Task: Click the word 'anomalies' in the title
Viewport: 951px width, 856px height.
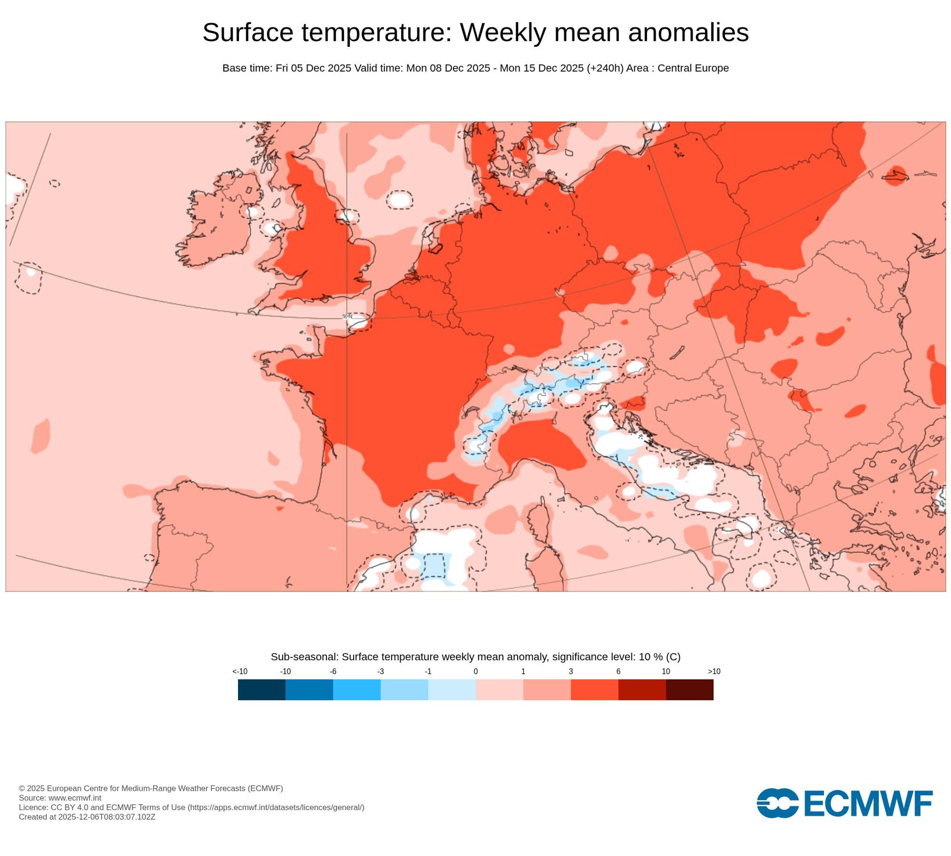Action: pyautogui.click(x=688, y=33)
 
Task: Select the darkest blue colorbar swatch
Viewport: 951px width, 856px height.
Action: pyautogui.click(x=262, y=690)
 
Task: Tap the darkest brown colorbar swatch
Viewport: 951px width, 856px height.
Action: pyautogui.click(x=689, y=690)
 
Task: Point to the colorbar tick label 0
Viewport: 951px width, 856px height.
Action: pyautogui.click(x=475, y=671)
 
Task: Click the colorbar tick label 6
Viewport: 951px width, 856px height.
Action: pyautogui.click(x=618, y=671)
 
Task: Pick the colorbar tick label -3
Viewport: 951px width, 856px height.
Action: pyautogui.click(x=380, y=671)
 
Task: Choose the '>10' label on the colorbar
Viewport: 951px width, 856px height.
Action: pyautogui.click(x=714, y=671)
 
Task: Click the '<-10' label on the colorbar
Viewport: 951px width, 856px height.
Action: pyautogui.click(x=240, y=671)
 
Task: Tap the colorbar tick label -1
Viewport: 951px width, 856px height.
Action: pyautogui.click(x=428, y=671)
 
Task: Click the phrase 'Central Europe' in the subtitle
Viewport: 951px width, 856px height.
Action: pyautogui.click(x=693, y=68)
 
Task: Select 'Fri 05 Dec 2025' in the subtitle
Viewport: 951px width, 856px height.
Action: pyautogui.click(x=313, y=68)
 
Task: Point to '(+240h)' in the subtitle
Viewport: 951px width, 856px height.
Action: pyautogui.click(x=605, y=68)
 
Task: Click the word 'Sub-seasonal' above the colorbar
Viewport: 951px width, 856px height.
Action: pyautogui.click(x=305, y=657)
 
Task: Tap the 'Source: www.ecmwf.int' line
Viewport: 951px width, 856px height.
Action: pyautogui.click(x=60, y=798)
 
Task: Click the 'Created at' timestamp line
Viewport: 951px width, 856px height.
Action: pyautogui.click(x=87, y=816)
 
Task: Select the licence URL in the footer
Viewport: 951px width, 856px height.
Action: pyautogui.click(x=276, y=807)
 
